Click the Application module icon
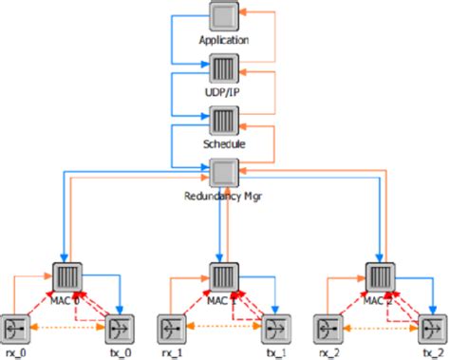point(224,17)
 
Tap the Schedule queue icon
point(224,121)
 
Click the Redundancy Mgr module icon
point(224,173)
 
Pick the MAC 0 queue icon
point(67,275)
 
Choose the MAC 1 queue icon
point(224,275)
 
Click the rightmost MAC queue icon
point(380,275)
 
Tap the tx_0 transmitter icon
point(120,328)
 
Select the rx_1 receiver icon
point(172,328)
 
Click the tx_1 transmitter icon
point(275,328)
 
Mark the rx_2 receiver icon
point(328,328)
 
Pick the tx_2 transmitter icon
point(431,328)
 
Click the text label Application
point(224,41)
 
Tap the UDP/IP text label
point(224,93)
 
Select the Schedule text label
point(224,144)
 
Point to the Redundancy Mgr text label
point(224,197)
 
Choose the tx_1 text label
point(275,352)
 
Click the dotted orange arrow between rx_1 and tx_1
point(224,328)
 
